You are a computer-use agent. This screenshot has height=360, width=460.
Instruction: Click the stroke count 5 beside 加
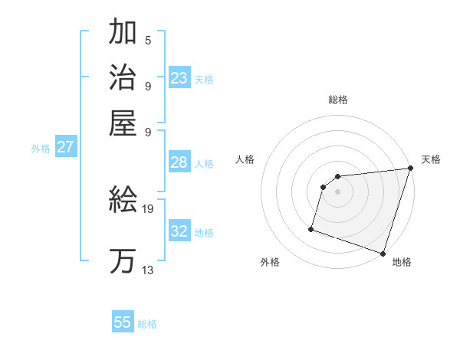click(148, 41)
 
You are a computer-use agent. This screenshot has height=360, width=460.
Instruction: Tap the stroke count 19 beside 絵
click(148, 208)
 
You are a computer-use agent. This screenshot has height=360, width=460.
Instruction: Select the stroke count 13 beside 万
click(148, 270)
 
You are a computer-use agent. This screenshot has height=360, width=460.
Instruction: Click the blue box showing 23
click(179, 78)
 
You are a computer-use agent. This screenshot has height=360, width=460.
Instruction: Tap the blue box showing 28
click(179, 162)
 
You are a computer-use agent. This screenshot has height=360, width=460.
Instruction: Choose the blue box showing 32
click(179, 231)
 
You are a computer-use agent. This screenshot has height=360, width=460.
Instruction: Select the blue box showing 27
click(65, 148)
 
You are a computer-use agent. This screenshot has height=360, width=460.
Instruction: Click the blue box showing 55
click(123, 322)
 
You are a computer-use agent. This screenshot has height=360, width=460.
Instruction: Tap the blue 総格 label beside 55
click(147, 324)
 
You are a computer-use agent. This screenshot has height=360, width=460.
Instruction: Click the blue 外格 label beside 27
click(41, 149)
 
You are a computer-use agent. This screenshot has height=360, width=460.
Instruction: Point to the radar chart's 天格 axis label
click(431, 159)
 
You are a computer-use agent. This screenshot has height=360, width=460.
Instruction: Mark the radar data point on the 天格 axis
click(410, 169)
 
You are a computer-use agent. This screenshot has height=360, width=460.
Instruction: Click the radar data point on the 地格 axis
click(383, 253)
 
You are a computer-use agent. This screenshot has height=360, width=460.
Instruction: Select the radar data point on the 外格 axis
click(311, 228)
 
